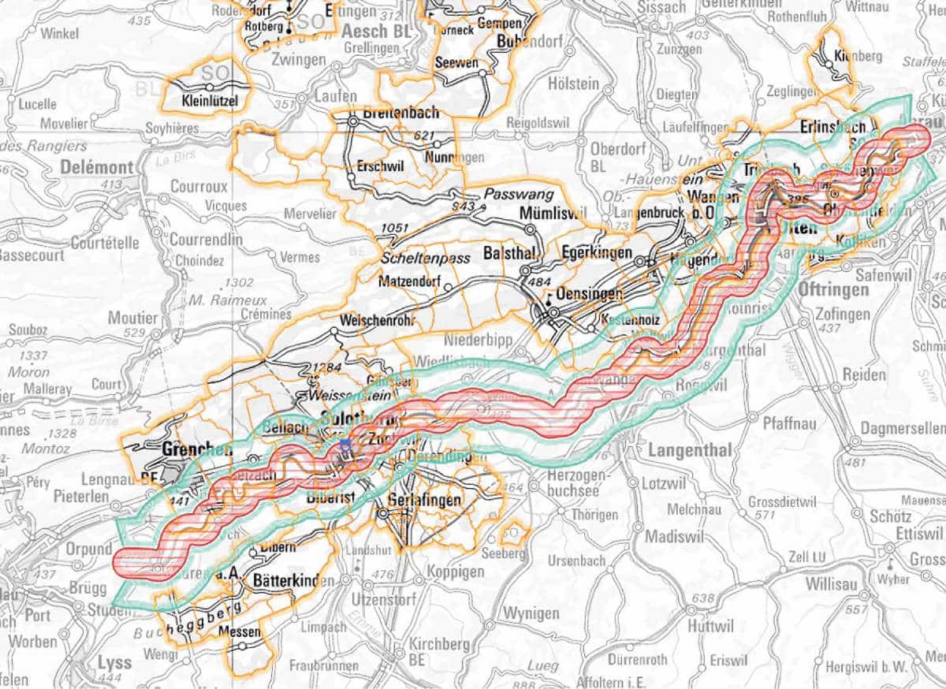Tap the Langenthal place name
click(690, 450)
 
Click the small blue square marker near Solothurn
click(345, 446)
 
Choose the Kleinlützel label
click(209, 100)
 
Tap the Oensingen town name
click(584, 293)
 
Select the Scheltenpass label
click(425, 258)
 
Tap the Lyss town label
click(114, 661)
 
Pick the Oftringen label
click(833, 289)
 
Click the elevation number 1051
click(395, 229)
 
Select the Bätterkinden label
click(291, 581)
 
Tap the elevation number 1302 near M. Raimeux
click(239, 282)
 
